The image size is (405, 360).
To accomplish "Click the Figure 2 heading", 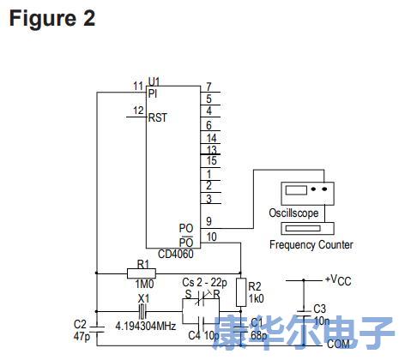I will pyautogui.click(x=52, y=18).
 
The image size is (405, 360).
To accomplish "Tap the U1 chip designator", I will pyautogui.click(x=154, y=81).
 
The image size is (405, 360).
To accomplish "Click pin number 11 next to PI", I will pyautogui.click(x=137, y=85).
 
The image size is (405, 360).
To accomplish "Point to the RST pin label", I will pyautogui.click(x=157, y=117).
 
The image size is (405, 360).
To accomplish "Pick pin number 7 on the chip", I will pyautogui.click(x=209, y=87).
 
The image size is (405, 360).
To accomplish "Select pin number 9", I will pyautogui.click(x=209, y=221).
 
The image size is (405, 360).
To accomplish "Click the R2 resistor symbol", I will pyautogui.click(x=241, y=289).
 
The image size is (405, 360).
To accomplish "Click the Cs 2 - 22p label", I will pyautogui.click(x=206, y=282).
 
